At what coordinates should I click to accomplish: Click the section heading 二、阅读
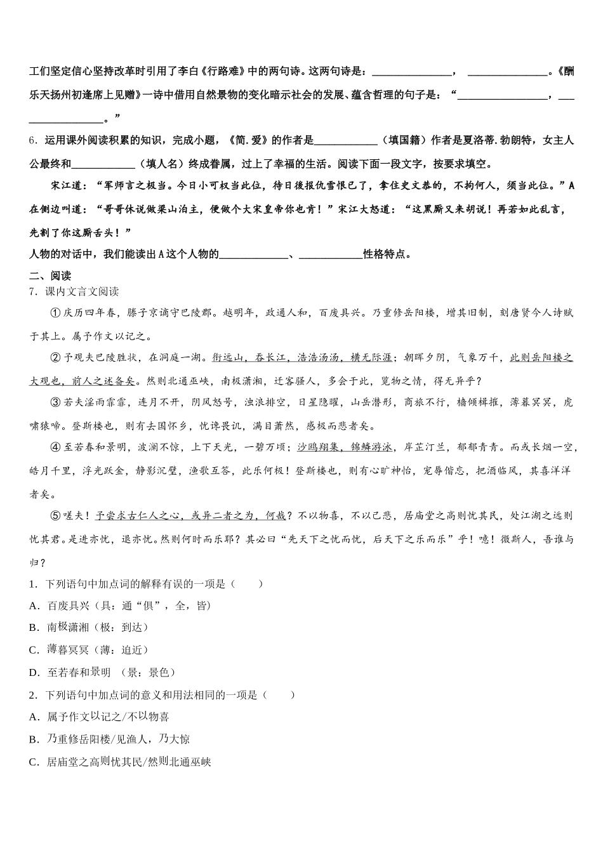[x=50, y=275]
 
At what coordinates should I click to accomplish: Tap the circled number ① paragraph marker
[x=55, y=312]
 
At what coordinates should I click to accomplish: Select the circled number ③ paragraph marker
[x=55, y=402]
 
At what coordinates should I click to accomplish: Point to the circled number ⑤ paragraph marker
[x=55, y=516]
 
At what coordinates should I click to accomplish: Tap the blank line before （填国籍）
[x=345, y=140]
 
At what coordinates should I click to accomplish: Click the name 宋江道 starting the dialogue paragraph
[x=67, y=186]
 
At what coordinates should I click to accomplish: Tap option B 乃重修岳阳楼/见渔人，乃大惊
[x=118, y=739]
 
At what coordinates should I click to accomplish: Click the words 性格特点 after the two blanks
[x=383, y=255]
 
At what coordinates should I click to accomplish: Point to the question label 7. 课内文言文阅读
[x=74, y=291]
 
